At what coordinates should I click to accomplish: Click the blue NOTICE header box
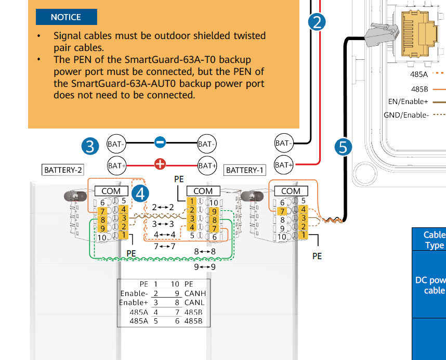66,17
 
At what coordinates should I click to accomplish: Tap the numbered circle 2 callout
317,21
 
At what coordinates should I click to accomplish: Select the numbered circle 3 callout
90,146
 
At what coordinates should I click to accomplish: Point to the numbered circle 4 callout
140,194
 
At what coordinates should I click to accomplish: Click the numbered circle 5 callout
343,147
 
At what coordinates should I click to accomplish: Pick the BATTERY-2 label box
63,170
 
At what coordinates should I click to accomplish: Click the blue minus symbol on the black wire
160,142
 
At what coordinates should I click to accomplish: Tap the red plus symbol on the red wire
160,165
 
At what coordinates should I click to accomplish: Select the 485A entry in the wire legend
419,74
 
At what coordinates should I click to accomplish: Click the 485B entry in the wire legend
419,88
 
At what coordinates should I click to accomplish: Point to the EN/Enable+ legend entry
408,101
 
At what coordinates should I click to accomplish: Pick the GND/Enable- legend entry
406,114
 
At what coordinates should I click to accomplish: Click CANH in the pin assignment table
195,293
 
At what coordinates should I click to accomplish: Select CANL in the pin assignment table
195,303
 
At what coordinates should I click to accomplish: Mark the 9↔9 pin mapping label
205,267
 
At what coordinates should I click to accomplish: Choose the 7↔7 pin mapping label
165,246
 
